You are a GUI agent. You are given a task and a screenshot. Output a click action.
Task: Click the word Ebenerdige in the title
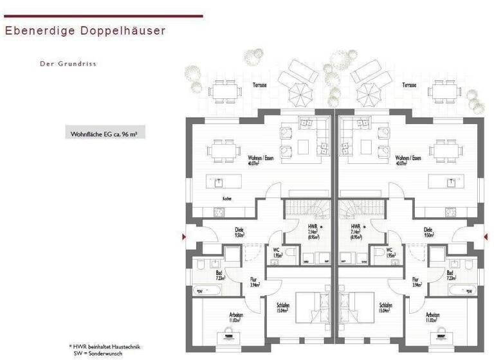pos(36,30)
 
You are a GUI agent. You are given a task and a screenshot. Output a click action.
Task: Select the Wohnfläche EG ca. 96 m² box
pos(104,134)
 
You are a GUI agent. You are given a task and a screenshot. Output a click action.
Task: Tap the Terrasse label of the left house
pos(260,85)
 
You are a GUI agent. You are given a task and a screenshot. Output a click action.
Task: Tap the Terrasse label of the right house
pos(409,85)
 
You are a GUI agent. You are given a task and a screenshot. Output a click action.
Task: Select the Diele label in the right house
pos(428,230)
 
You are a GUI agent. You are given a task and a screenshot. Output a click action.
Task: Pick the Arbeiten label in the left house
pos(236,316)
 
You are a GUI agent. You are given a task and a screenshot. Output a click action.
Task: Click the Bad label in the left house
pos(220,274)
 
